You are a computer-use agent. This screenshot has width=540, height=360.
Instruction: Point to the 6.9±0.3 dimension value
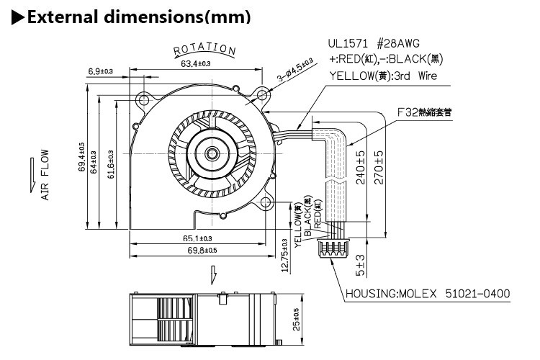coord(101,71)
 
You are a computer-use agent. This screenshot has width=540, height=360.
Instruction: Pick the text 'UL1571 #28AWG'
coord(376,43)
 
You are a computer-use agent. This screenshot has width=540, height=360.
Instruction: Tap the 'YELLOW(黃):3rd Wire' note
coord(382,75)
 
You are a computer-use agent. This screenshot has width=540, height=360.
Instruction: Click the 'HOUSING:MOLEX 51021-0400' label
coord(428,294)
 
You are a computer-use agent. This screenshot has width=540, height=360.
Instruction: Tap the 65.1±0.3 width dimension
coord(197,238)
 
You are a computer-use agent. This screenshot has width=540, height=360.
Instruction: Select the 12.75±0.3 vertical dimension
coord(284,255)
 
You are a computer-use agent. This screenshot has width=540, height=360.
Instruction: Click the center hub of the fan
coord(212,153)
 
